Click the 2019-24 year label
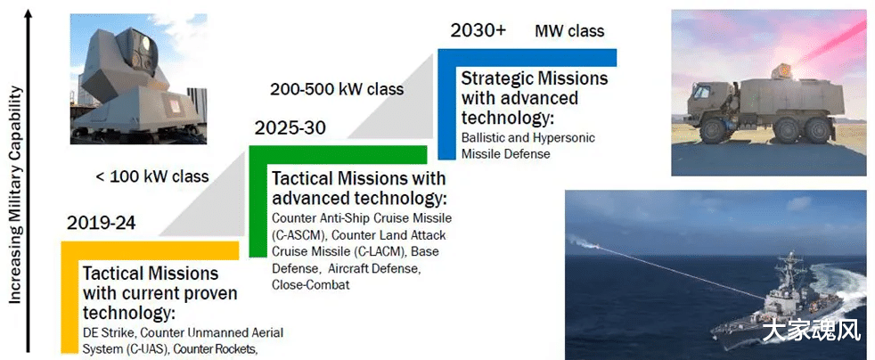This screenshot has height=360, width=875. (x=101, y=224)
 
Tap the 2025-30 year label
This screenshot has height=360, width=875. (x=290, y=128)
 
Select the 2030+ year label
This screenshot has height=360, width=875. (x=478, y=30)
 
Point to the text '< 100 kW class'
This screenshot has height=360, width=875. (x=152, y=177)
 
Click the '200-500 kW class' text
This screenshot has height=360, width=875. (x=337, y=89)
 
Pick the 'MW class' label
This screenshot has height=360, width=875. (x=569, y=30)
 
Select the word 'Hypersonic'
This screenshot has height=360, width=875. (x=566, y=138)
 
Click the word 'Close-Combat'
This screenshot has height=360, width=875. (x=311, y=284)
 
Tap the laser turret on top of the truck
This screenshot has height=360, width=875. (x=782, y=71)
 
